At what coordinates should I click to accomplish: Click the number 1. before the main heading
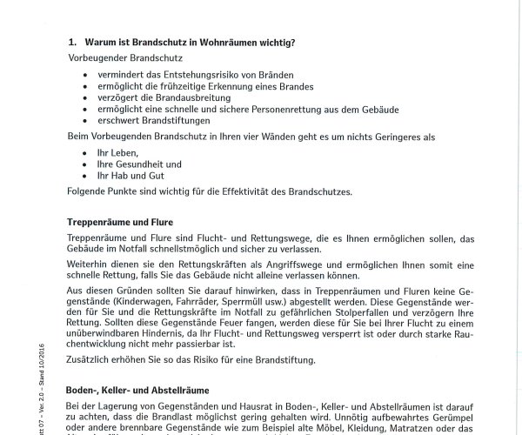tap(72, 41)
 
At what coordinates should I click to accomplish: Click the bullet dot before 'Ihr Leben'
tap(85, 151)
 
